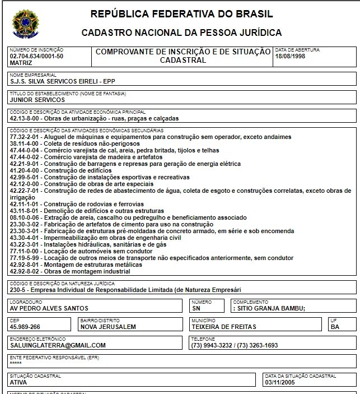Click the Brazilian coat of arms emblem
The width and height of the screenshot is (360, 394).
23,24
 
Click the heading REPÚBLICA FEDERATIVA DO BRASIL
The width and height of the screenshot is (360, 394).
182,13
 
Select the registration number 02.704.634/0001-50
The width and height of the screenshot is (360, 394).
36,56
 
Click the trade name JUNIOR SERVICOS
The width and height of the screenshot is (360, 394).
38,100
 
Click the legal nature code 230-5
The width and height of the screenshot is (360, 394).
18,290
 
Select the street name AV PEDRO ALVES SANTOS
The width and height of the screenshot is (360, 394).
49,308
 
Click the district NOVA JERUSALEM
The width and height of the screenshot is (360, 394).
109,327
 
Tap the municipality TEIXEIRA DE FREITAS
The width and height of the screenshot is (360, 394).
223,327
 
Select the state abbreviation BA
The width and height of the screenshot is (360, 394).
335,327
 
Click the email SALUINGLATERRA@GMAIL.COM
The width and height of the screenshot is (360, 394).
58,345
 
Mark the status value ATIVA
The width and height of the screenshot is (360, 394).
18,382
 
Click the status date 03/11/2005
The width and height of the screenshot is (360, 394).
279,382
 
